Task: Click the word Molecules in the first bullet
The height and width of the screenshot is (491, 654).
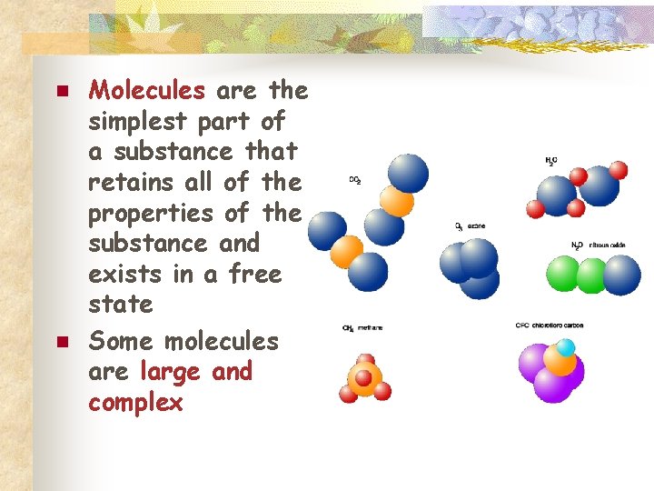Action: [x=147, y=90]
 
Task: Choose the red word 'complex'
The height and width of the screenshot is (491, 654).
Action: [x=135, y=403]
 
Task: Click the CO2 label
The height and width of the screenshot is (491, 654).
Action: [x=355, y=180]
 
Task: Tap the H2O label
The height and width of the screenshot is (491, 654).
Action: [x=551, y=161]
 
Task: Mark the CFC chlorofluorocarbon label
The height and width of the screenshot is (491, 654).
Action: [x=550, y=325]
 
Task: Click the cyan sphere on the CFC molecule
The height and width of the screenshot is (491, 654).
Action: [x=566, y=347]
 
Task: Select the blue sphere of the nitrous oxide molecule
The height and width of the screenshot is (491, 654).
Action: [x=622, y=275]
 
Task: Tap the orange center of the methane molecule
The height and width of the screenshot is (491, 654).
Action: [x=363, y=377]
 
